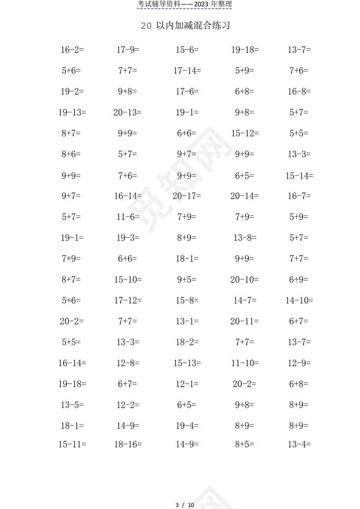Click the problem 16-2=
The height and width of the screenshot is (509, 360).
(x=72, y=50)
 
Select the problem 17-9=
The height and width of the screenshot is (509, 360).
(x=128, y=50)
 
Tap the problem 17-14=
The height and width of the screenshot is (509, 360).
(x=187, y=71)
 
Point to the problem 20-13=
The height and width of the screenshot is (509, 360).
(x=128, y=112)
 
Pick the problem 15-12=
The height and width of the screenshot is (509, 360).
(x=245, y=133)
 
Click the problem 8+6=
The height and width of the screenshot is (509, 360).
(x=71, y=154)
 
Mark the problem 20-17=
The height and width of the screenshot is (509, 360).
(x=187, y=196)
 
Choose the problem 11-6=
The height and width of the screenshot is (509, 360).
(x=128, y=217)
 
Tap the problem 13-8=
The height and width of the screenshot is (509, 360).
(x=245, y=238)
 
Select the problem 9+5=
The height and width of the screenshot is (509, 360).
(x=187, y=280)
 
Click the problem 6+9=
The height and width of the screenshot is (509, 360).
(x=299, y=280)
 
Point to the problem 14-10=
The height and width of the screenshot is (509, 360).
(x=299, y=300)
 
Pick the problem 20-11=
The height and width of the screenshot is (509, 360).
(x=245, y=321)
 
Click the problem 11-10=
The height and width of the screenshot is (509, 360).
(x=245, y=363)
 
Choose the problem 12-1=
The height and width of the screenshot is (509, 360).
(x=187, y=384)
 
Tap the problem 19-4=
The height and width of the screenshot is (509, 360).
(x=187, y=426)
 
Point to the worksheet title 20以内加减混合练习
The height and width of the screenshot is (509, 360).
(x=185, y=26)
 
